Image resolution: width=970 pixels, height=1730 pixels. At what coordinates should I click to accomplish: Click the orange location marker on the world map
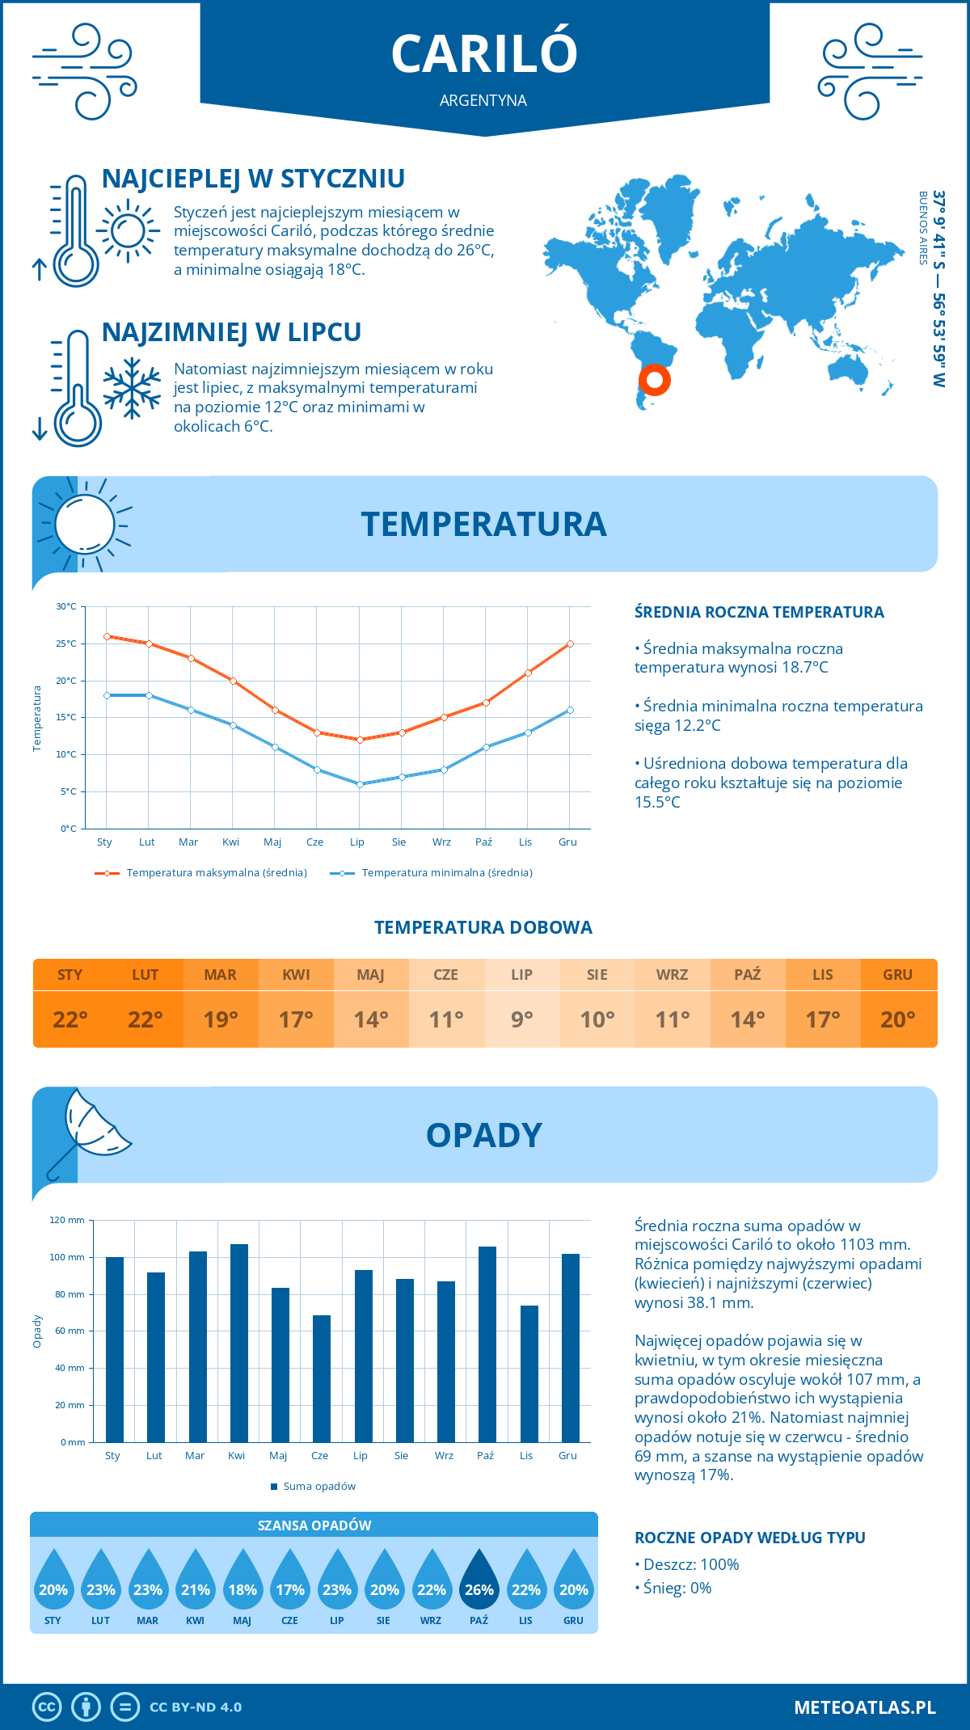pyautogui.click(x=654, y=379)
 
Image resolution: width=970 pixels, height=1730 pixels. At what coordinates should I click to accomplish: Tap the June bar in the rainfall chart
pyautogui.click(x=321, y=1378)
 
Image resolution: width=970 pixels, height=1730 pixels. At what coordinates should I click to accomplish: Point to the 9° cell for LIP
pyautogui.click(x=521, y=1019)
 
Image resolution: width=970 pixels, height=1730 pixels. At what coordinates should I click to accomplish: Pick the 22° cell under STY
pyautogui.click(x=70, y=1019)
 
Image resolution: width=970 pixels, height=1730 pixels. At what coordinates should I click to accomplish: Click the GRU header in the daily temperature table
pyautogui.click(x=897, y=974)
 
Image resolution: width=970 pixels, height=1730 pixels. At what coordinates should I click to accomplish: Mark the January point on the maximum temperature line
pyautogui.click(x=107, y=636)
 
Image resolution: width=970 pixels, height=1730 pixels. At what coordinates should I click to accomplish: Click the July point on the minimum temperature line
pyautogui.click(x=360, y=784)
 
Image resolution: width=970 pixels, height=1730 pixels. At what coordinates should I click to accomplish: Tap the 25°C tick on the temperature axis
pyautogui.click(x=66, y=643)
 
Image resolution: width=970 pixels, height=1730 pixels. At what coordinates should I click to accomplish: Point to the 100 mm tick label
pyautogui.click(x=67, y=1257)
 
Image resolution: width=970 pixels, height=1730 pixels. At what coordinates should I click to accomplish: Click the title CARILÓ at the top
pyautogui.click(x=484, y=53)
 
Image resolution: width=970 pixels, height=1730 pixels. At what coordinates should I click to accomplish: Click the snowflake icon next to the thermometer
pyautogui.click(x=132, y=388)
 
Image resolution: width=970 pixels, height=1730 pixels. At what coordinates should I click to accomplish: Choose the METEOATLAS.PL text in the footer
pyautogui.click(x=864, y=1707)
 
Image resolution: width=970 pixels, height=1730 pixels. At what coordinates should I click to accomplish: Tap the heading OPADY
pyautogui.click(x=483, y=1135)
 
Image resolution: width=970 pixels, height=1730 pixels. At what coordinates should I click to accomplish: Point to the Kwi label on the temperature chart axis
pyautogui.click(x=230, y=842)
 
